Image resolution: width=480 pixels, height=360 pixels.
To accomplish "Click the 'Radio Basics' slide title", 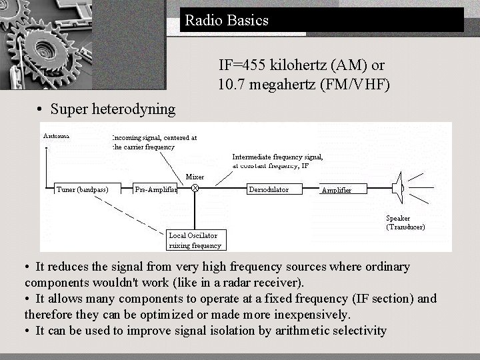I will coord(227,20).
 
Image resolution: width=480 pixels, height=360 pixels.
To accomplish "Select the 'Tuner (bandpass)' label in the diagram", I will coord(83,189).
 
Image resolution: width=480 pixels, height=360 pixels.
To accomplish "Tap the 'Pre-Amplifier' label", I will coord(156,189).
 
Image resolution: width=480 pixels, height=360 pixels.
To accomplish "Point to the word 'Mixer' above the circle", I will coord(195,177).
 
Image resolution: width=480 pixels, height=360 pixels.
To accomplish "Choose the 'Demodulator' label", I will coord(269,189).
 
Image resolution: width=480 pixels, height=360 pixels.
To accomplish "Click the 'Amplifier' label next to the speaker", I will coord(336,190).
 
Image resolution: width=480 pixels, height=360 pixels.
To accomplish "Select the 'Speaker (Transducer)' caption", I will coord(405,223).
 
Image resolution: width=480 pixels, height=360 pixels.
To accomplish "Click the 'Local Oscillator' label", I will coord(193,235).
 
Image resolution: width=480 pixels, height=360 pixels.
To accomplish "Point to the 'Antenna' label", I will coord(57,135).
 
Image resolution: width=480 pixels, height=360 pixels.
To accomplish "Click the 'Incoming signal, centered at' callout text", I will coord(155,138).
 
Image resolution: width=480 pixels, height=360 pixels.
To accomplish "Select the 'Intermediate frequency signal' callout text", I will coord(277,157).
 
